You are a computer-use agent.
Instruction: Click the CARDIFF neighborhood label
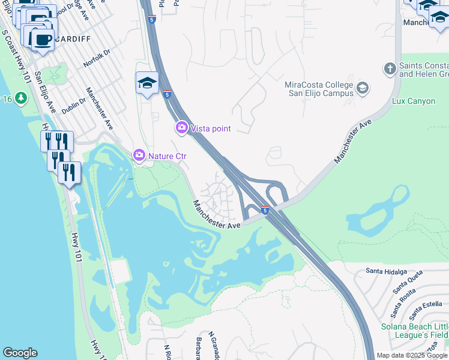pyautogui.click(x=73, y=39)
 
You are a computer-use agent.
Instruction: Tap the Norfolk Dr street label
pyautogui.click(x=98, y=58)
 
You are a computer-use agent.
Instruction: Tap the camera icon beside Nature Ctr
pyautogui.click(x=139, y=156)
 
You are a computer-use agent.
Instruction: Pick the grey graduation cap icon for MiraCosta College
pyautogui.click(x=363, y=89)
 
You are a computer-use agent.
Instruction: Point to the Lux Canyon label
pyautogui.click(x=413, y=101)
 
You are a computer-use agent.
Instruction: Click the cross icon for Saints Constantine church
pyautogui.click(x=390, y=69)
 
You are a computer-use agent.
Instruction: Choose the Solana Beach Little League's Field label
pyautogui.click(x=414, y=331)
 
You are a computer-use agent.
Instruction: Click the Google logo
pyautogui.click(x=20, y=353)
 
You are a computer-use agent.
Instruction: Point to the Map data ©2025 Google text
pyautogui.click(x=412, y=355)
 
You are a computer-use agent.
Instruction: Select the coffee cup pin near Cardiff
pyautogui.click(x=42, y=40)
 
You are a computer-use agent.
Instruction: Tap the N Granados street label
pyautogui.click(x=213, y=344)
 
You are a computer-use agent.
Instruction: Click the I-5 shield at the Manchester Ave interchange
pyautogui.click(x=265, y=209)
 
